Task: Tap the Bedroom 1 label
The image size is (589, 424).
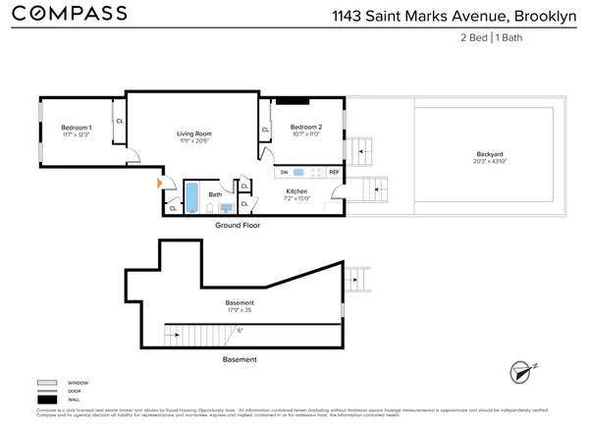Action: tap(76, 129)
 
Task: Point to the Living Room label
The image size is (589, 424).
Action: tap(193, 133)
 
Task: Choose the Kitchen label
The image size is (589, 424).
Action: tap(296, 191)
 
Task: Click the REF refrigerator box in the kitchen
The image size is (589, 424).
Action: tap(334, 172)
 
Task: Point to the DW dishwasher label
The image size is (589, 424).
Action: tap(285, 172)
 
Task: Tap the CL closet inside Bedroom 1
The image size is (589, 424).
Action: tap(119, 122)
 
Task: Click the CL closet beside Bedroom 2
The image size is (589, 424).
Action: tap(265, 130)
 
